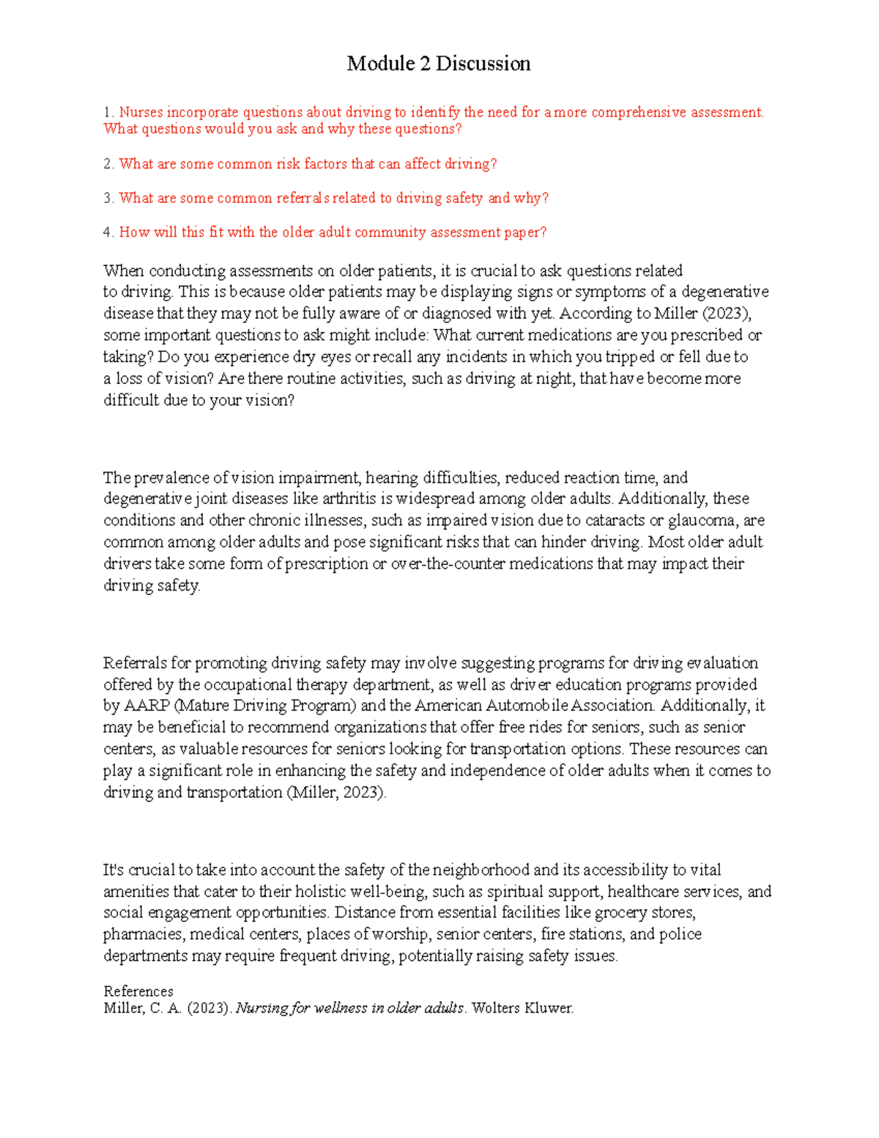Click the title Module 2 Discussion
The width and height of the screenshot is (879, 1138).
(x=439, y=64)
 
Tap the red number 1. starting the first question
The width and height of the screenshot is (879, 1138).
(x=109, y=112)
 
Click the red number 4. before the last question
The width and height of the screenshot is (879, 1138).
(x=109, y=232)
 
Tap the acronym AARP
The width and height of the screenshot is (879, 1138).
(x=146, y=706)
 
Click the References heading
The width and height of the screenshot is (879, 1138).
(x=138, y=991)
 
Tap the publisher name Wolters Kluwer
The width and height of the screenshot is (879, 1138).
(x=522, y=1008)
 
